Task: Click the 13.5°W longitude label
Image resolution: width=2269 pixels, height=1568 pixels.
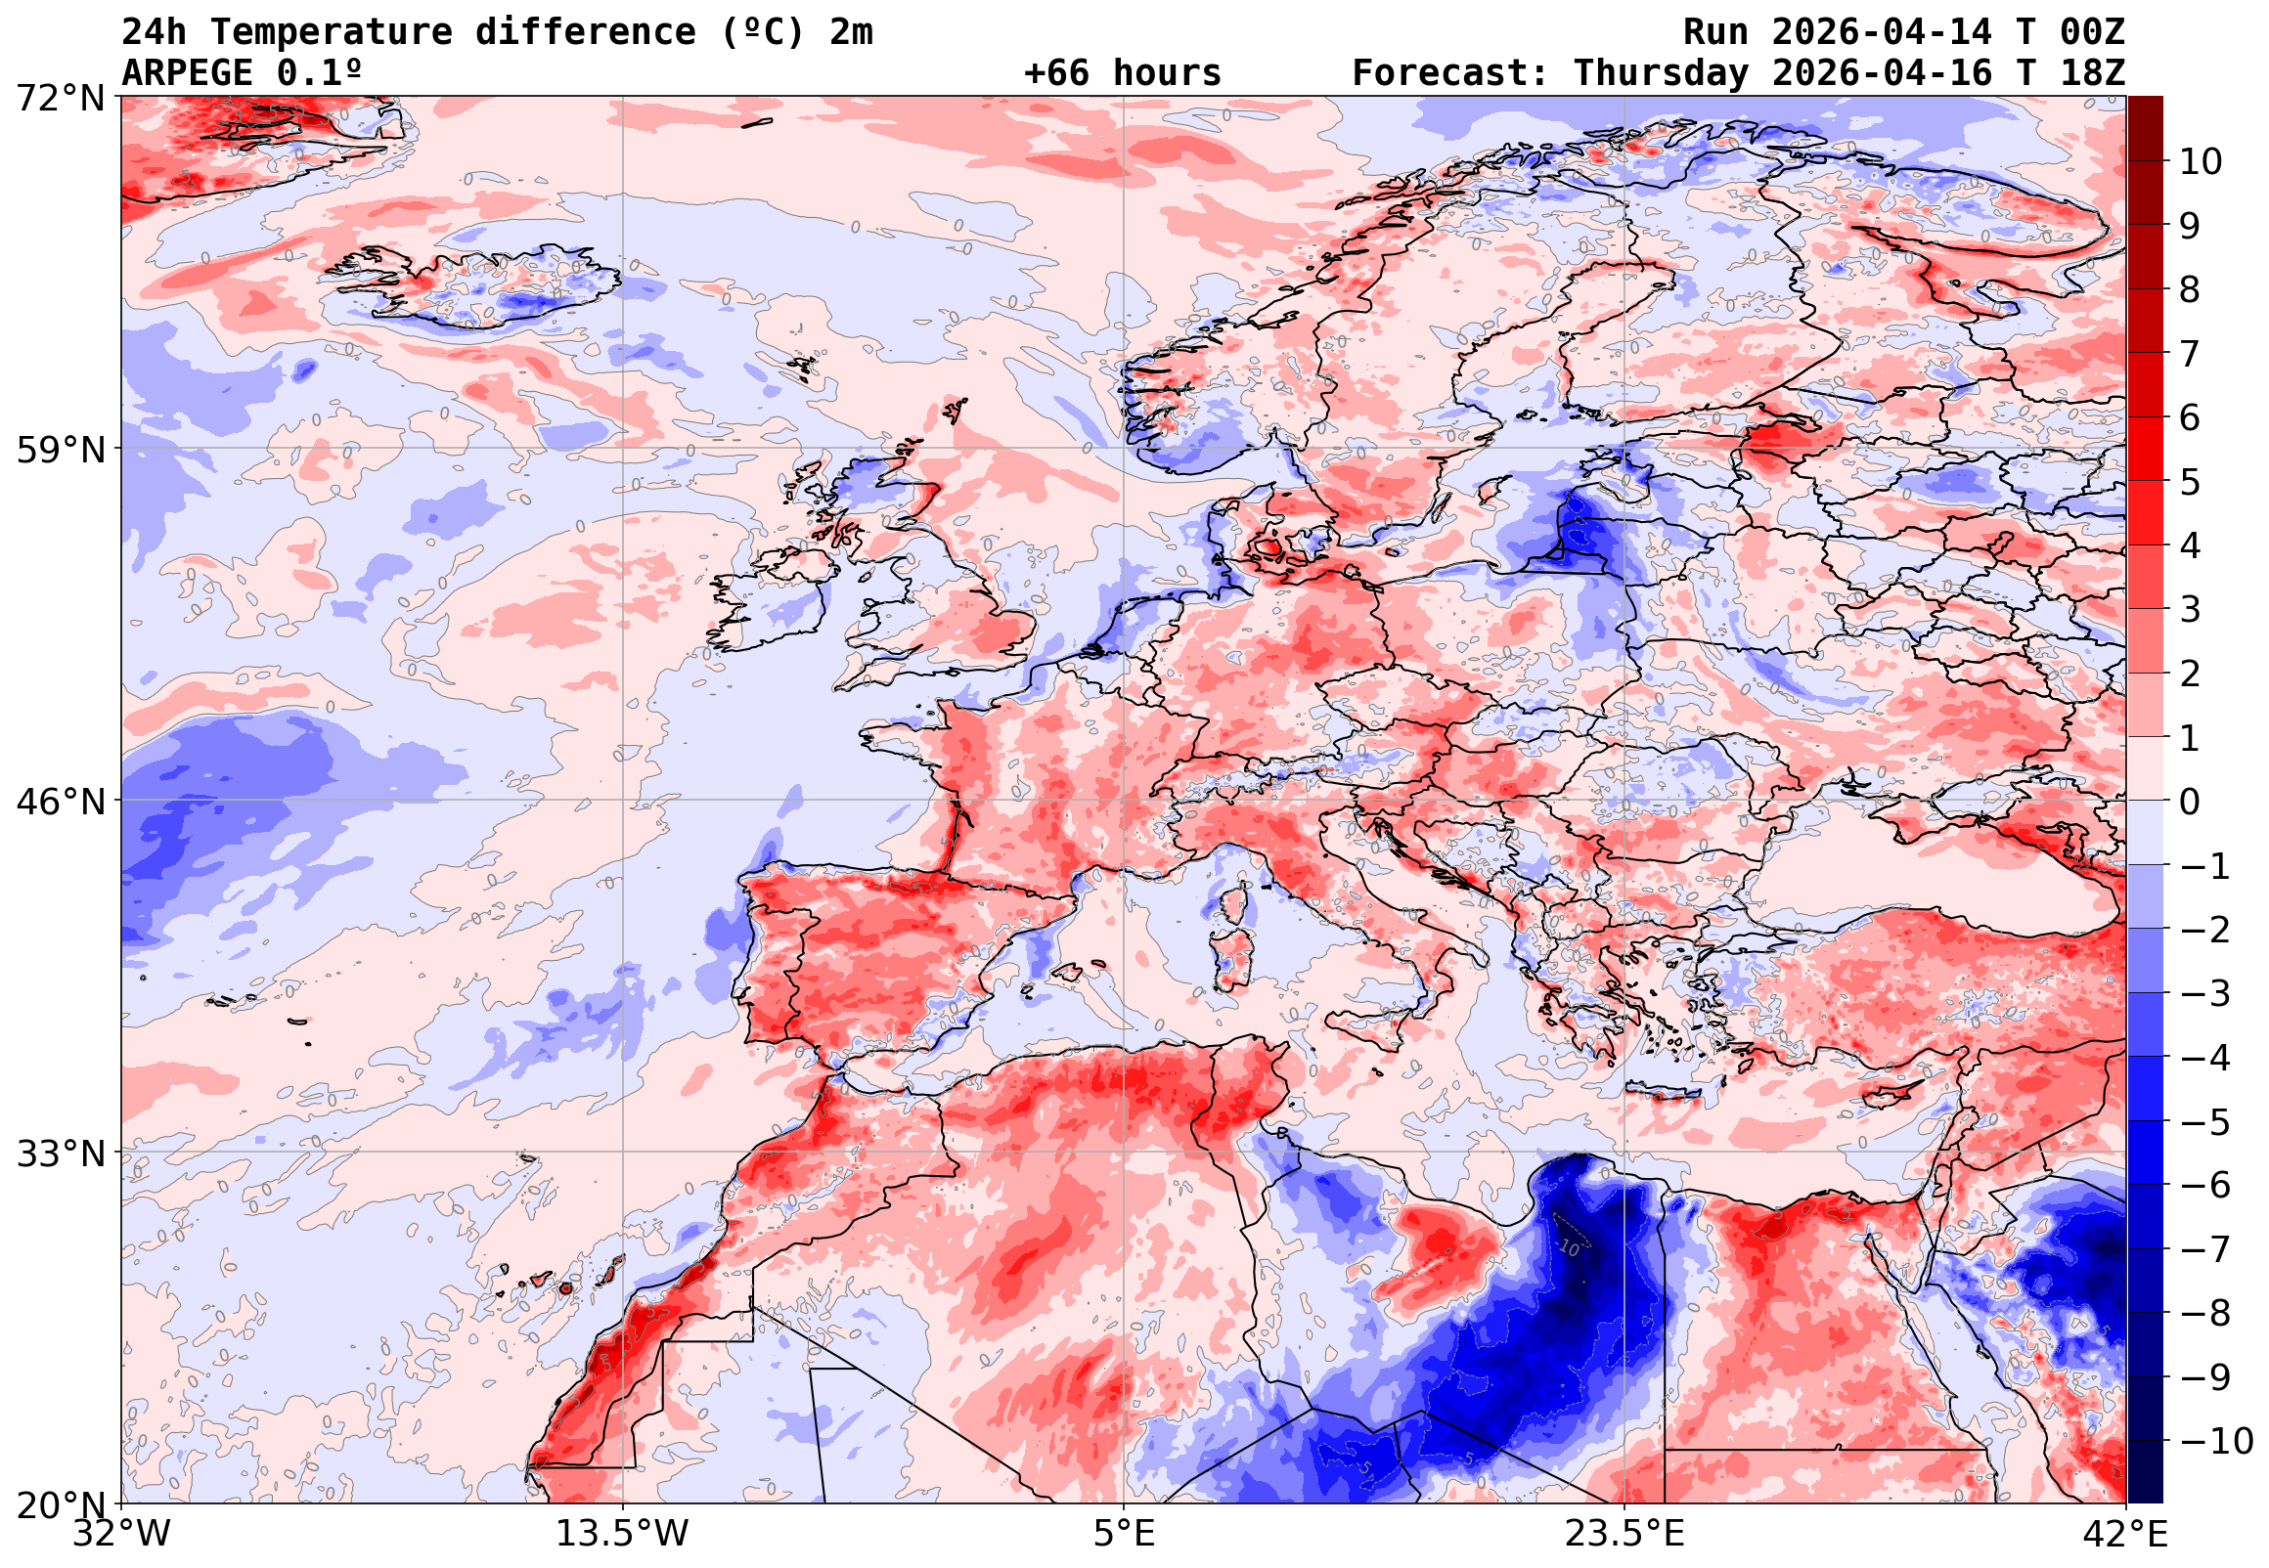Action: pyautogui.click(x=623, y=1534)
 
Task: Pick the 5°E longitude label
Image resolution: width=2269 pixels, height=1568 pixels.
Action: pyautogui.click(x=1124, y=1534)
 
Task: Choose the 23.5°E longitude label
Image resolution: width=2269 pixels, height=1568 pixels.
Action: pyautogui.click(x=1624, y=1534)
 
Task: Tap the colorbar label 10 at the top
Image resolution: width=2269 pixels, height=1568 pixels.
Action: pyautogui.click(x=2201, y=162)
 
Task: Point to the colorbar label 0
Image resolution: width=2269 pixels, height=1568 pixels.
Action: pyautogui.click(x=2190, y=802)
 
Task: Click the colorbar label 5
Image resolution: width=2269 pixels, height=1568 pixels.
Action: pyautogui.click(x=2190, y=482)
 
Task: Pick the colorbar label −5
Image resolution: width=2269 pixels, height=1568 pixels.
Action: pyautogui.click(x=2205, y=1122)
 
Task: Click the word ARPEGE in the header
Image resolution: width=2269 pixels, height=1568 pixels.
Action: pyautogui.click(x=187, y=72)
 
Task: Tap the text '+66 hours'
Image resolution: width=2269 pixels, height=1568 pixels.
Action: pyautogui.click(x=1122, y=72)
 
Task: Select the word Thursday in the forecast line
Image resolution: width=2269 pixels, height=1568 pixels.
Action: pyautogui.click(x=1662, y=72)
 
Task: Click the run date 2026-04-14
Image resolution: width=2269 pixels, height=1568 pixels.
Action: pyautogui.click(x=1882, y=31)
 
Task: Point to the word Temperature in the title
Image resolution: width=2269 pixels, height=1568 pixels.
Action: pyautogui.click(x=331, y=31)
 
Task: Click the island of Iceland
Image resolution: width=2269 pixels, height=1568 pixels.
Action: pyautogui.click(x=481, y=284)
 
